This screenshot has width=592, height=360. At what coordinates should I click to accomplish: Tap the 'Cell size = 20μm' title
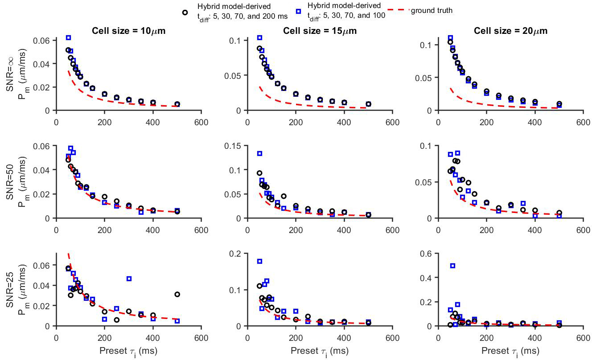(511, 31)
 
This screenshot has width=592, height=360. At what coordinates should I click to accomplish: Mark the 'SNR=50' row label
(9, 183)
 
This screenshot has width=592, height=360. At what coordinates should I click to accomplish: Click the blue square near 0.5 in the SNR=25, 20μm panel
(453, 266)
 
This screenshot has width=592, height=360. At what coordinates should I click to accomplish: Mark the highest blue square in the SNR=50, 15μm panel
(259, 153)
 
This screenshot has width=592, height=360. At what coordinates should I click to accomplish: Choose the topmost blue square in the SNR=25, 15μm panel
(259, 261)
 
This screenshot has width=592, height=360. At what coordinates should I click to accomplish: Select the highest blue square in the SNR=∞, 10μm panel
(68, 37)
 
